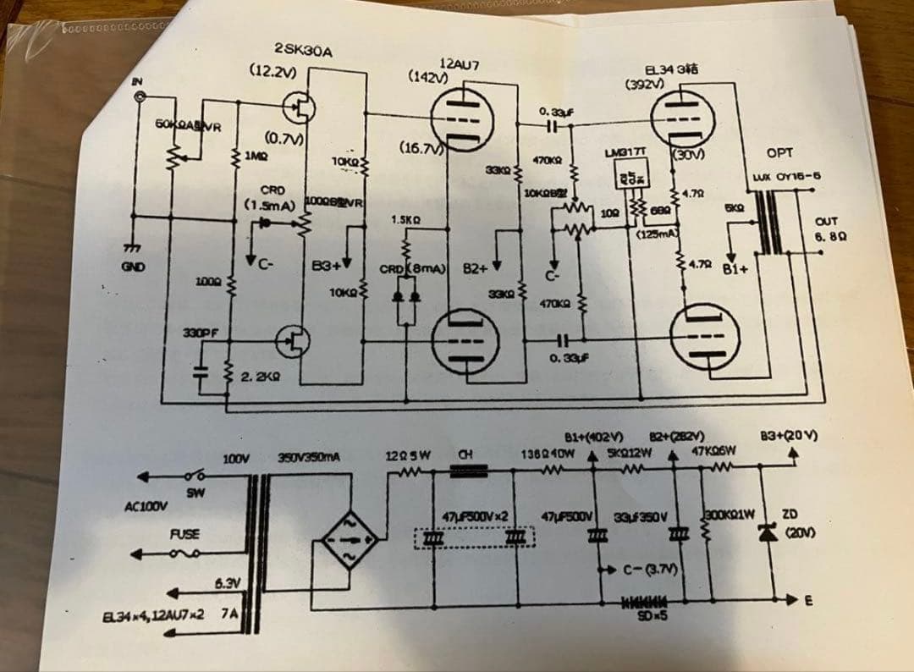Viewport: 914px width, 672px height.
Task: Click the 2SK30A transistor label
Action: pos(303,51)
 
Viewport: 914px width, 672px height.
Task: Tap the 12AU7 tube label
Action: pos(461,63)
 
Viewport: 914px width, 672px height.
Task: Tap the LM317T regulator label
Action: pos(625,152)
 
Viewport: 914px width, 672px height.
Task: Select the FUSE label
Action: pos(184,534)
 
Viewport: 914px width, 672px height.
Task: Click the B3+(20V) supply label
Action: pos(788,437)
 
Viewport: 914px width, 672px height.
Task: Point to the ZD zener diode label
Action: pos(788,513)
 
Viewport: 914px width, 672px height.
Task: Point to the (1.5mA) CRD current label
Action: pos(268,205)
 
